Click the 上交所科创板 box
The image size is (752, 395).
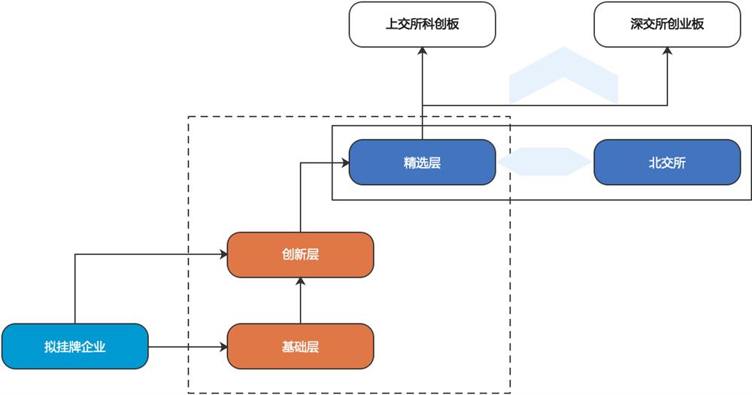click(422, 23)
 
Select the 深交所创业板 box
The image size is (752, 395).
click(667, 23)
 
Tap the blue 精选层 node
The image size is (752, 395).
click(422, 162)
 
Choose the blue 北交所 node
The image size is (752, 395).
click(667, 162)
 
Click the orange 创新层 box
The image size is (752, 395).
click(300, 254)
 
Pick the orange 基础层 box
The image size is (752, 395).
click(300, 346)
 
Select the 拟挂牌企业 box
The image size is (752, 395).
click(74, 346)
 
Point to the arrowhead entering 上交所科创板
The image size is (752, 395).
click(422, 50)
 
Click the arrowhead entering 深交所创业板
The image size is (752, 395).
click(667, 50)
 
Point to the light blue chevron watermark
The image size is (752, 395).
click(563, 75)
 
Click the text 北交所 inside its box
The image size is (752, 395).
click(667, 162)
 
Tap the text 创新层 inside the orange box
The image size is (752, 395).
click(300, 254)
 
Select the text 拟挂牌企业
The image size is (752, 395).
click(74, 346)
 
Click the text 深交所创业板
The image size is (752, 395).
click(667, 23)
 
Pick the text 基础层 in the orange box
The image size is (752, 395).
click(300, 346)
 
